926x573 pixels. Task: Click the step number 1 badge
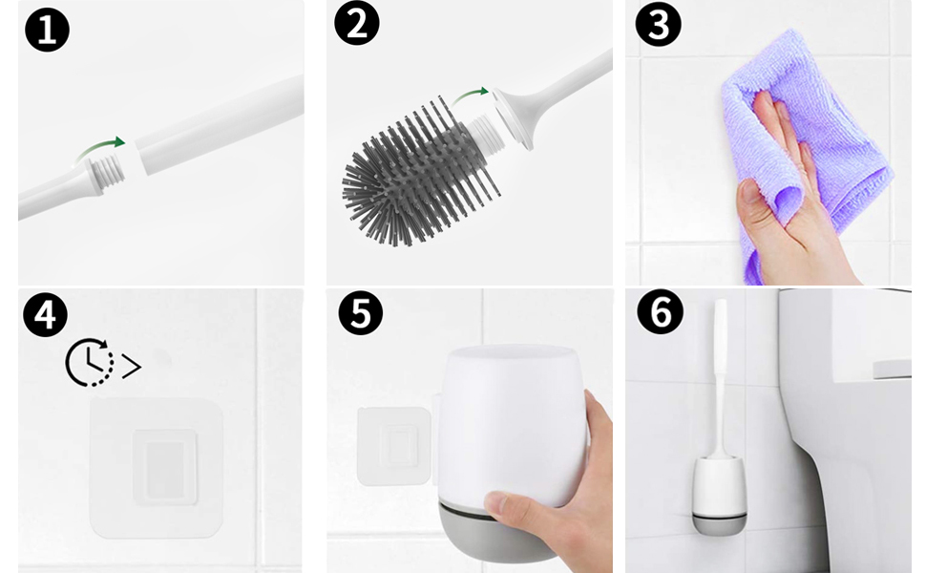[47, 30]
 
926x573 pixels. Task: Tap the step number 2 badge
[357, 23]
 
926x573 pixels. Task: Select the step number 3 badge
[659, 24]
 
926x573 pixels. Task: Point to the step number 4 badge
[46, 314]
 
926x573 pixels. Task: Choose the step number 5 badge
[360, 312]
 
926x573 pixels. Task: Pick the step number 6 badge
[661, 311]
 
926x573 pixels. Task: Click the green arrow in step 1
[100, 148]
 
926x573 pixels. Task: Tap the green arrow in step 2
[471, 95]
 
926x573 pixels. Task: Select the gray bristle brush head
[416, 171]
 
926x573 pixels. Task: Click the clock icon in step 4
[89, 363]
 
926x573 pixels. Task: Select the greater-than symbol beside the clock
[131, 367]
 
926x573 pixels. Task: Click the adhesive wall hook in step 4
[156, 468]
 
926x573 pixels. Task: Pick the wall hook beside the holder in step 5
[394, 446]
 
